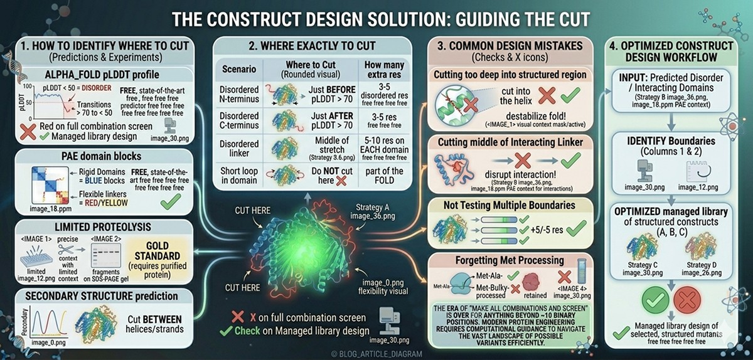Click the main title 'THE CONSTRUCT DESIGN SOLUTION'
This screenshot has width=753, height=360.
(x=376, y=18)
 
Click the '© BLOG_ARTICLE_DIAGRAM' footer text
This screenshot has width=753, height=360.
(x=376, y=352)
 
